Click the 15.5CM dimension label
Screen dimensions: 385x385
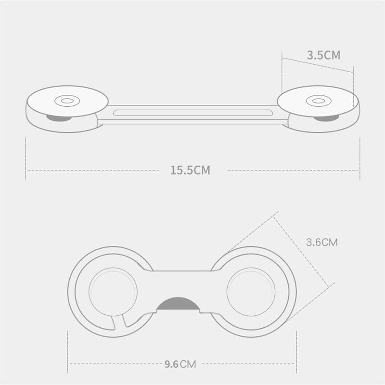tap(190, 170)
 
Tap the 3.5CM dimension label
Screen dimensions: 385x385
tap(323, 55)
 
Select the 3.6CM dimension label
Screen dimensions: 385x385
tap(322, 243)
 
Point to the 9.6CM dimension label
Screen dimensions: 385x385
tap(180, 364)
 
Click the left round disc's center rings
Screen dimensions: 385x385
tap(67, 101)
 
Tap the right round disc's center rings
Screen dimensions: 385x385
tap(319, 101)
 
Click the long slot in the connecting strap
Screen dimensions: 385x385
tap(193, 113)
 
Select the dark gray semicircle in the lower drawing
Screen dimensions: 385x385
tap(178, 304)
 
